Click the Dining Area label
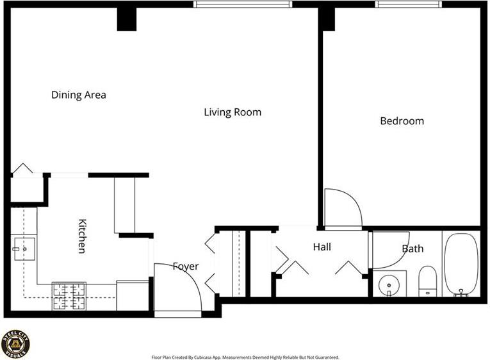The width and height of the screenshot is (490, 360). point(79,95)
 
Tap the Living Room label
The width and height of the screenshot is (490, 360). point(233,112)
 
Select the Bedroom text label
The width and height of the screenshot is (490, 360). point(402,121)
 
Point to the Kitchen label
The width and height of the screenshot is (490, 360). point(82,236)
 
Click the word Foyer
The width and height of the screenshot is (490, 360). point(186,266)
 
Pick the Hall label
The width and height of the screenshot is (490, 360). point(322,247)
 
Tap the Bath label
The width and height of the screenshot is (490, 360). point(412,249)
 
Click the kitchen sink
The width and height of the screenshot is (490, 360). point(25,249)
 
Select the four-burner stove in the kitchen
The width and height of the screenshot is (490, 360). point(69,296)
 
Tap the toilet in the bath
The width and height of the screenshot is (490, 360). point(427,281)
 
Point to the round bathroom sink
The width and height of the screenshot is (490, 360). point(389,285)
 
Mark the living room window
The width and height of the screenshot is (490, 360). point(243,4)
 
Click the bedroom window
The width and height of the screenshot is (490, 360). point(409,4)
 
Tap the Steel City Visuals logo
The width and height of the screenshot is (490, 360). point(15,344)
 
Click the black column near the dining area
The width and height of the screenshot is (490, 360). point(127,19)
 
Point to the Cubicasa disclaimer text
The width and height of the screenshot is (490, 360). point(245,357)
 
